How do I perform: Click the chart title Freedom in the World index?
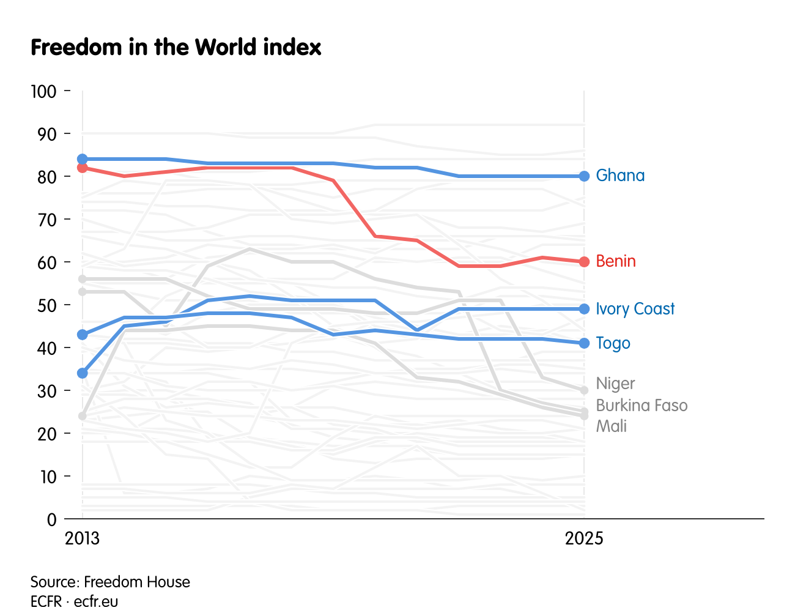176,48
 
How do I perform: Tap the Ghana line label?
620,176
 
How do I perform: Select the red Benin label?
616,261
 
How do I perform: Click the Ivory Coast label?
635,309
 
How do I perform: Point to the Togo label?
613,343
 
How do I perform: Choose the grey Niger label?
615,384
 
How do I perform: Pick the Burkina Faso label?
642,406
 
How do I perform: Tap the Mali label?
611,426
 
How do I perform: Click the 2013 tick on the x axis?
83,538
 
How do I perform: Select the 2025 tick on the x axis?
584,538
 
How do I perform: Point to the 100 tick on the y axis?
43,92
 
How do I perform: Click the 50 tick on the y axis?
46,305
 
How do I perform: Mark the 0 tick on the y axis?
51,519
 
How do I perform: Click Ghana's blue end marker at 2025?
584,176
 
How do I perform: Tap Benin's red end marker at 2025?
584,262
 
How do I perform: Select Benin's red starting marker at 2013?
83,168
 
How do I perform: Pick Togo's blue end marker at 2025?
584,343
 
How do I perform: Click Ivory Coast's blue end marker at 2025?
584,309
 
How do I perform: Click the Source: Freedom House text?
110,582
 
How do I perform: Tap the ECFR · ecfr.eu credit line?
75,601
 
